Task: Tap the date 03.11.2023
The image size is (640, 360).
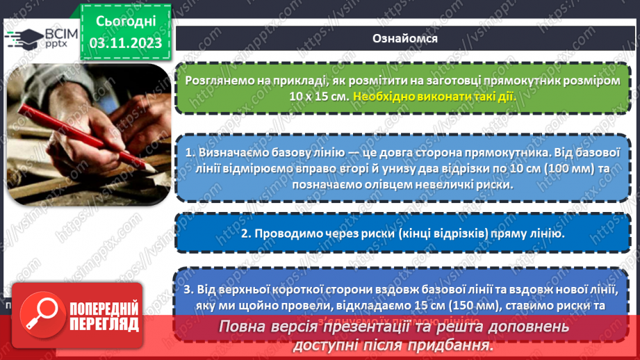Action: point(126,43)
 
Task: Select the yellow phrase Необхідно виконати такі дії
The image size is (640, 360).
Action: point(434,96)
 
